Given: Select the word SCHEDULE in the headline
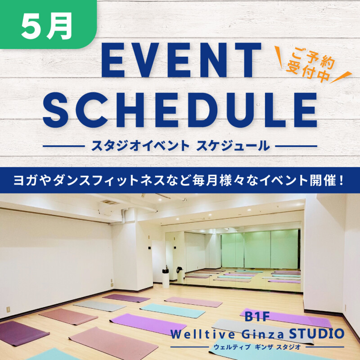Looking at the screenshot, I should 180,110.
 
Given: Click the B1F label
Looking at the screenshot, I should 257,316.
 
